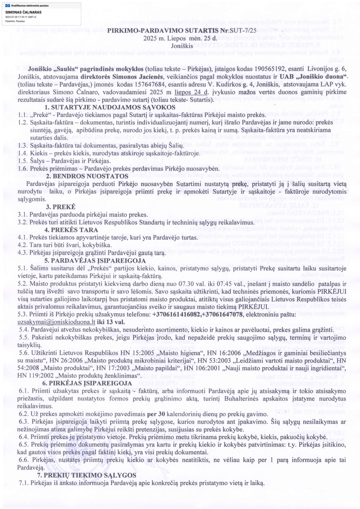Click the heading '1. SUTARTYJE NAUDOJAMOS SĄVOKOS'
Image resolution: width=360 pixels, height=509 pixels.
[x=110, y=107]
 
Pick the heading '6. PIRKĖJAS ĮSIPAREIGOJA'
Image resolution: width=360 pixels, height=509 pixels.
[x=87, y=383]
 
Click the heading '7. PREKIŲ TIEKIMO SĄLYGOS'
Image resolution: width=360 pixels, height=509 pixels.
[x=87, y=475]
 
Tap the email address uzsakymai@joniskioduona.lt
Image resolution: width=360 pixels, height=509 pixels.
[x=56, y=322]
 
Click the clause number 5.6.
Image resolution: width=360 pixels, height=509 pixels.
[x=24, y=353]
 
